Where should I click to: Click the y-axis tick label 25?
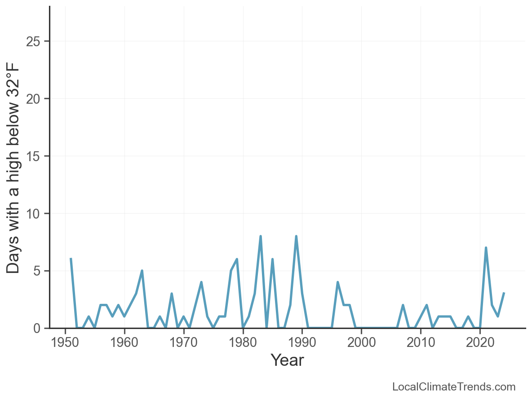34,41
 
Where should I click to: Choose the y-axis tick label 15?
34,156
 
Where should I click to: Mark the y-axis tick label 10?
34,214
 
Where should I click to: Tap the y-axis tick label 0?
38,329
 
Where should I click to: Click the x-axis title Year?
287,360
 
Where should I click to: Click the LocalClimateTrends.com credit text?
454,387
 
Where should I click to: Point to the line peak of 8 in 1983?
261,237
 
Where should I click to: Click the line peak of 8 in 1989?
296,237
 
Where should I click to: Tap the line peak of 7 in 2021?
486,248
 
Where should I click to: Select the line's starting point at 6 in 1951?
71,259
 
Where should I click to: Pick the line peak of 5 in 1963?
142,271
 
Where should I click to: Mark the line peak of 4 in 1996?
337,282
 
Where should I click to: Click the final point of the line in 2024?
504,294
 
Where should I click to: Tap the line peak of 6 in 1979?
237,259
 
